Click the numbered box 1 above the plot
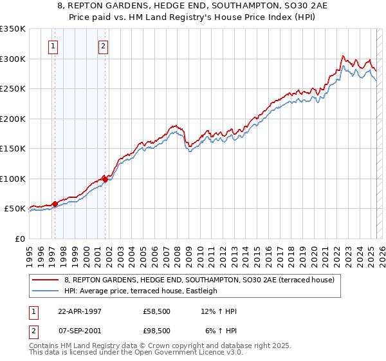pyautogui.click(x=52, y=46)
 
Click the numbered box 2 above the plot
pyautogui.click(x=103, y=46)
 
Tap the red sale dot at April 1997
pyautogui.click(x=55, y=204)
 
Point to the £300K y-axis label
pyautogui.click(x=13, y=59)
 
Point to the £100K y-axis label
pyautogui.click(x=13, y=179)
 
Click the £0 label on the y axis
pyautogui.click(x=19, y=239)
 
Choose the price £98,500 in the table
pyautogui.click(x=157, y=331)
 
